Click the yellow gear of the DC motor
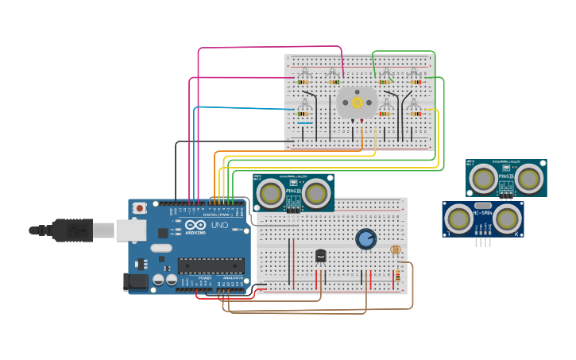pyautogui.click(x=357, y=102)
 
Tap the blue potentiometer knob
pyautogui.click(x=365, y=238)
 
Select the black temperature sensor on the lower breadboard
pyautogui.click(x=321, y=255)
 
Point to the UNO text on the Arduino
pyautogui.click(x=219, y=225)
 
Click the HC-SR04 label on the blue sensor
pyautogui.click(x=482, y=212)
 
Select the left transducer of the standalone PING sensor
pyautogui.click(x=483, y=179)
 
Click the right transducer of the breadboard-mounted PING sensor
pyautogui.click(x=315, y=193)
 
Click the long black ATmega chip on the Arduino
pyautogui.click(x=211, y=265)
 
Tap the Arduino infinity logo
pyautogui.click(x=195, y=226)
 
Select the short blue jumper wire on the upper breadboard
pyautogui.click(x=304, y=123)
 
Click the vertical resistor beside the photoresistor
pyautogui.click(x=396, y=275)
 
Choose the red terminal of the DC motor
pyautogui.click(x=362, y=121)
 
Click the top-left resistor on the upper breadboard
pyautogui.click(x=303, y=82)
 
